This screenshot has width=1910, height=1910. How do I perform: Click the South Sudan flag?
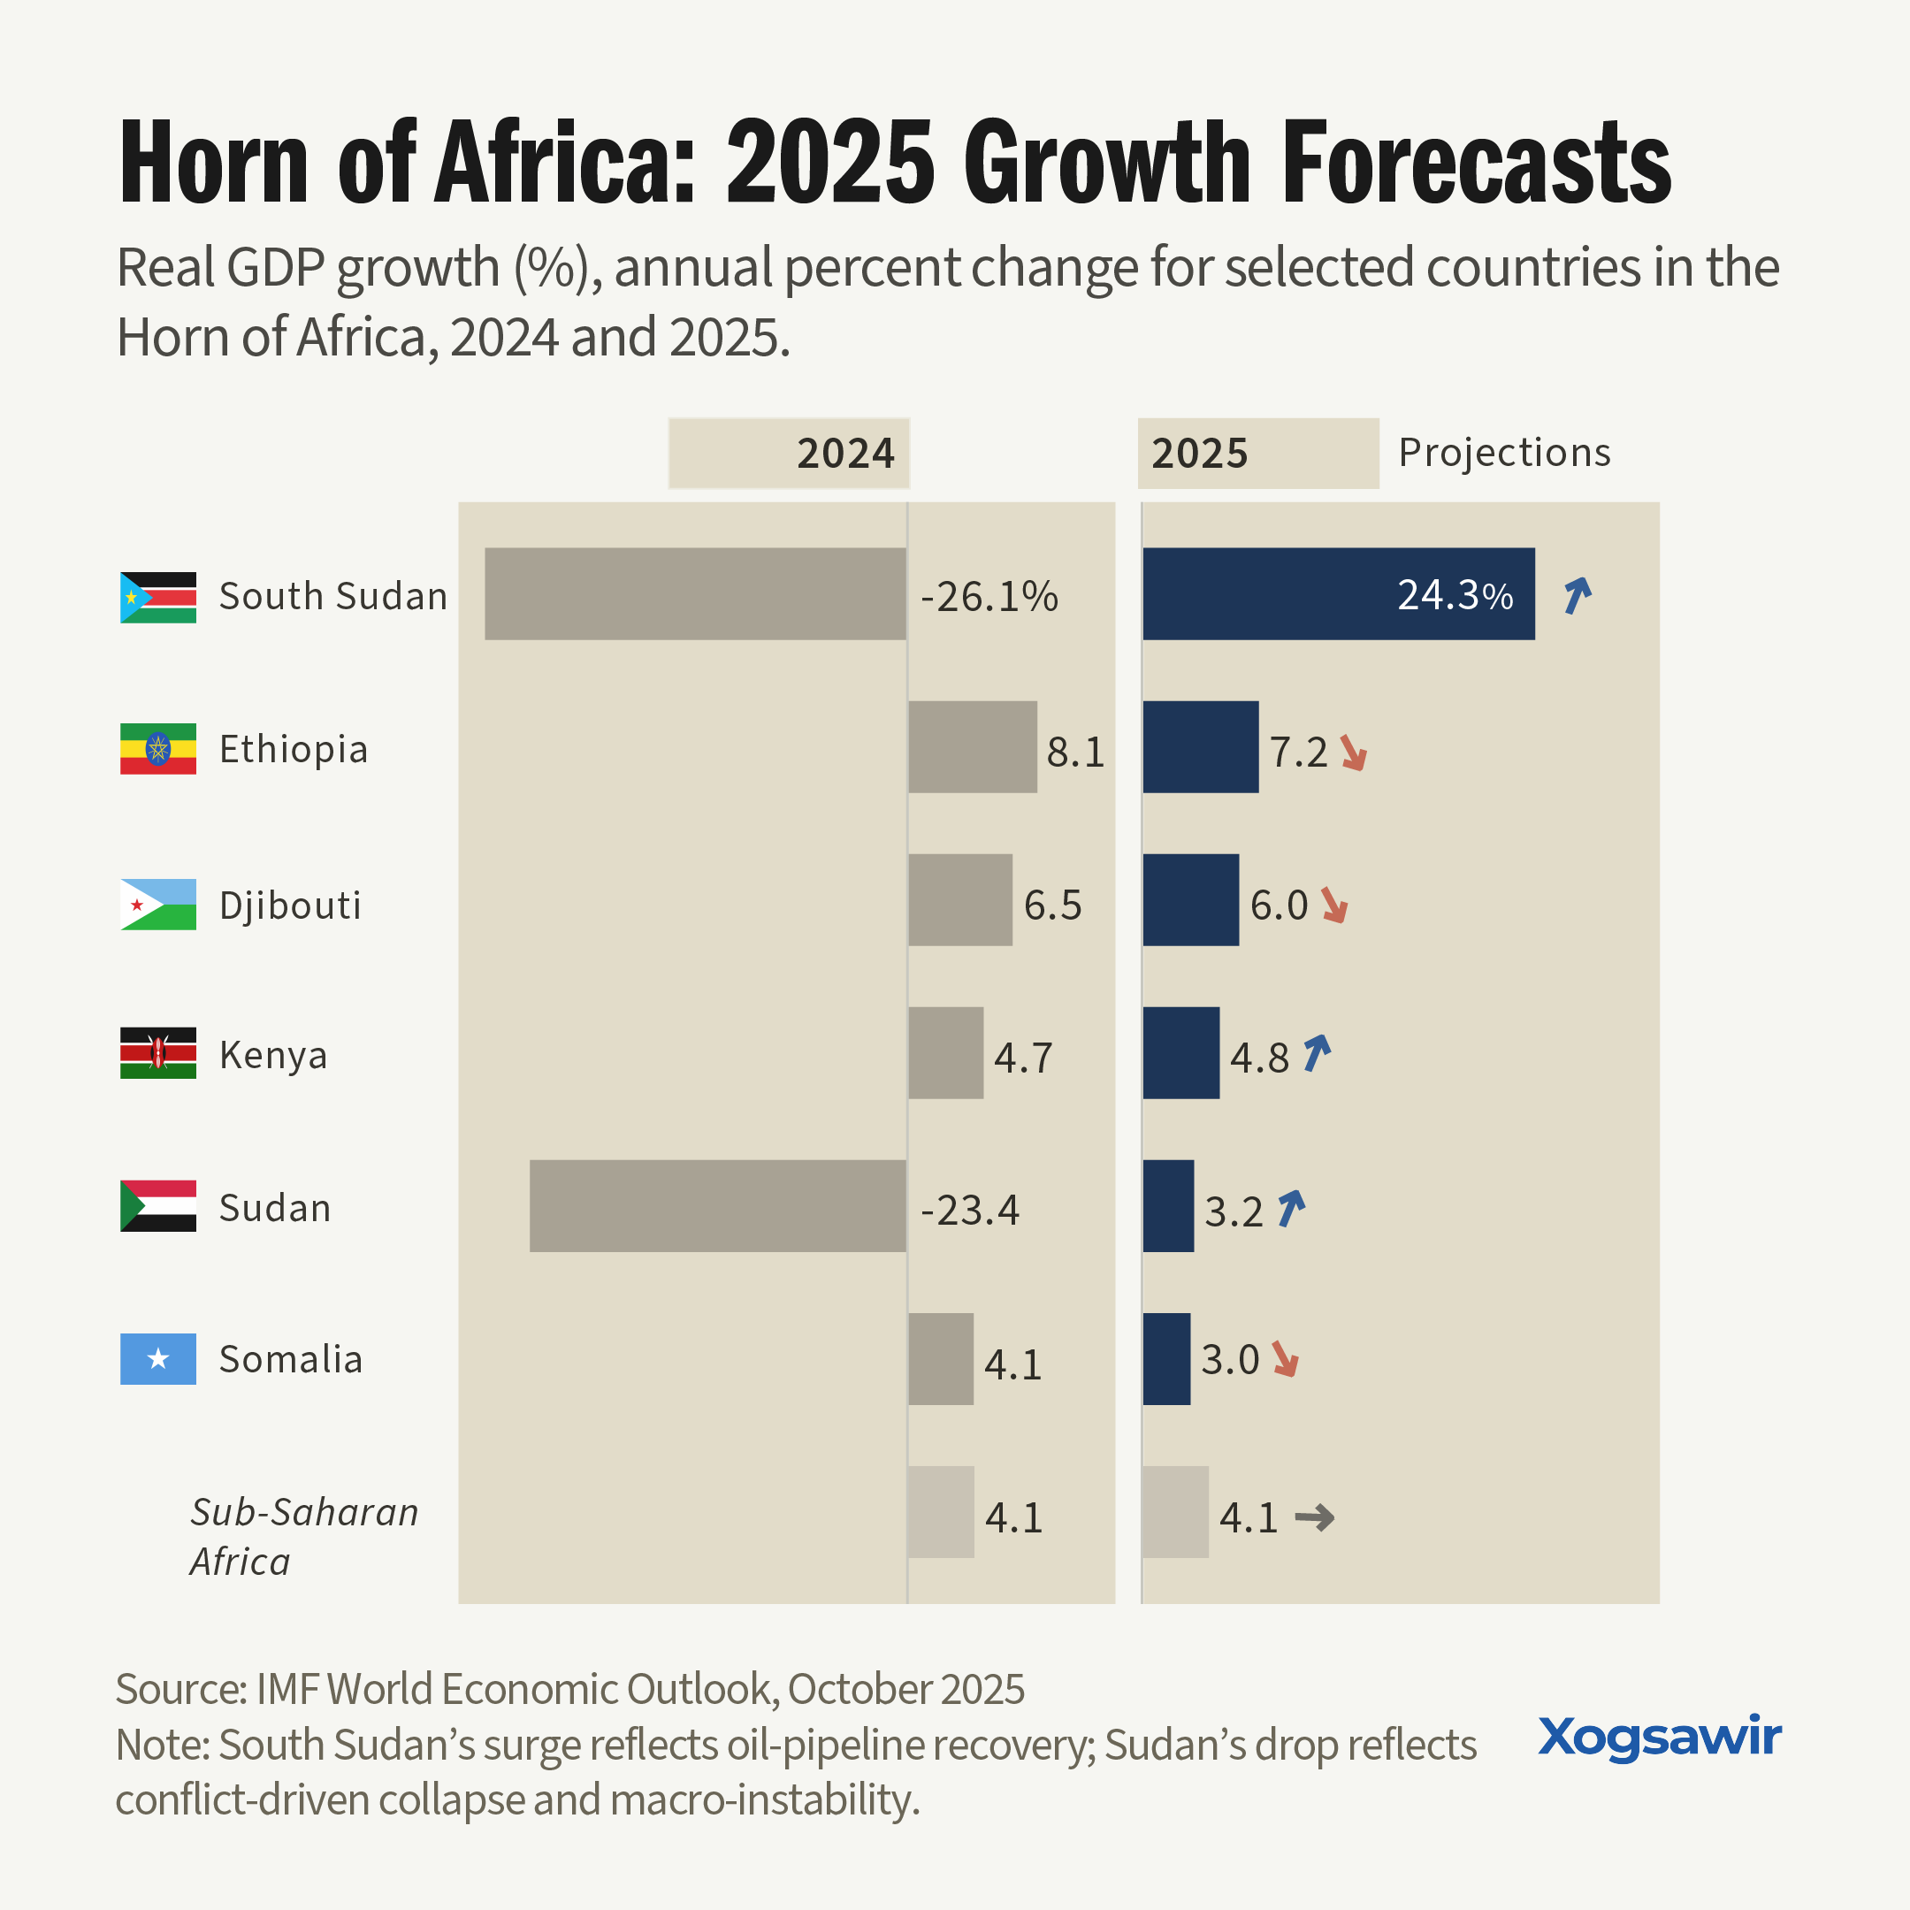[x=158, y=597]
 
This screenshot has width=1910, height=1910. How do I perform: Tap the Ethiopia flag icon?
[x=158, y=748]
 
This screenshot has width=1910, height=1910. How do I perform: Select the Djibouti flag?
[x=158, y=905]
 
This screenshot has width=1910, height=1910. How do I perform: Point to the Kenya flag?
[x=158, y=1053]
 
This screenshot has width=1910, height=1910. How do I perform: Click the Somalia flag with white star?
[x=158, y=1359]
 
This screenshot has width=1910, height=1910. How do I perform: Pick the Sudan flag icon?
[x=158, y=1206]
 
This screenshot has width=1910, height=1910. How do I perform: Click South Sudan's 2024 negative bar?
[x=695, y=594]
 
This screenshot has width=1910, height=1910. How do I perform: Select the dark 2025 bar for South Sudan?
[x=1339, y=594]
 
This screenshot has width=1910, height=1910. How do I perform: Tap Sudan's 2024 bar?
[x=718, y=1206]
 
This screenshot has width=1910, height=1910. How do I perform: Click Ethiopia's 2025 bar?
[x=1201, y=747]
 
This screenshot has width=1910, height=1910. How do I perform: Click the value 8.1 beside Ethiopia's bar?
[x=1075, y=753]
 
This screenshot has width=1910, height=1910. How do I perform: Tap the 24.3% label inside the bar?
[x=1455, y=595]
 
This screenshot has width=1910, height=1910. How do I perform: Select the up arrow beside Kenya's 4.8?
[x=1317, y=1054]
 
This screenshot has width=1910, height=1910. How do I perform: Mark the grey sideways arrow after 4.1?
[x=1315, y=1517]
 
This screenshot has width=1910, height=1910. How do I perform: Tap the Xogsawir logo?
[x=1661, y=1738]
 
